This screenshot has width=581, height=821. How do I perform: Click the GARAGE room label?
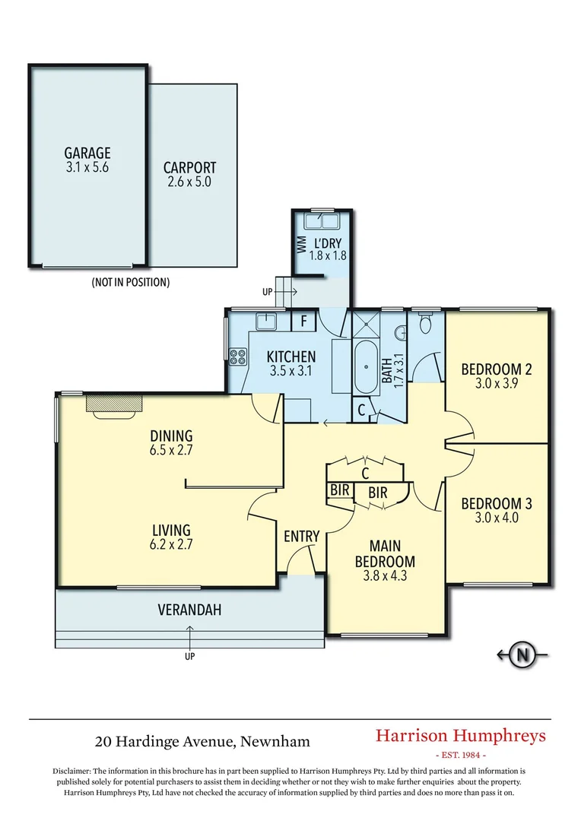pyautogui.click(x=87, y=154)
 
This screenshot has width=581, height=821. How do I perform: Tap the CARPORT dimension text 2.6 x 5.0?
pyautogui.click(x=189, y=182)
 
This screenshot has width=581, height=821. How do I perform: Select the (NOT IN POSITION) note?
pyautogui.click(x=130, y=282)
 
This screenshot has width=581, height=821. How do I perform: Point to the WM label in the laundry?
pyautogui.click(x=301, y=245)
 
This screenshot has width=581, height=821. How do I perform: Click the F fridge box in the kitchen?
pyautogui.click(x=303, y=321)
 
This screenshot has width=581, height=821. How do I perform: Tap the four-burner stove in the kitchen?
pyautogui.click(x=237, y=355)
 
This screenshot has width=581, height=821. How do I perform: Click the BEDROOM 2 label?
pyautogui.click(x=497, y=370)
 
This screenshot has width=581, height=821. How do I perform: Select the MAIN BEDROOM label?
pyautogui.click(x=392, y=553)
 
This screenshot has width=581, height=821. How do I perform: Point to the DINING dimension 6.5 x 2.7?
pyautogui.click(x=171, y=451)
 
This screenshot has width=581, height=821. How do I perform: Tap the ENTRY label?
pyautogui.click(x=301, y=537)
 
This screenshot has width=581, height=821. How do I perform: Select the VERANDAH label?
pyautogui.click(x=189, y=610)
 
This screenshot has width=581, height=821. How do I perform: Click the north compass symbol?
pyautogui.click(x=522, y=654)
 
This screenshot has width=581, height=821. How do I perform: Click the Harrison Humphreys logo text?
pyautogui.click(x=460, y=736)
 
